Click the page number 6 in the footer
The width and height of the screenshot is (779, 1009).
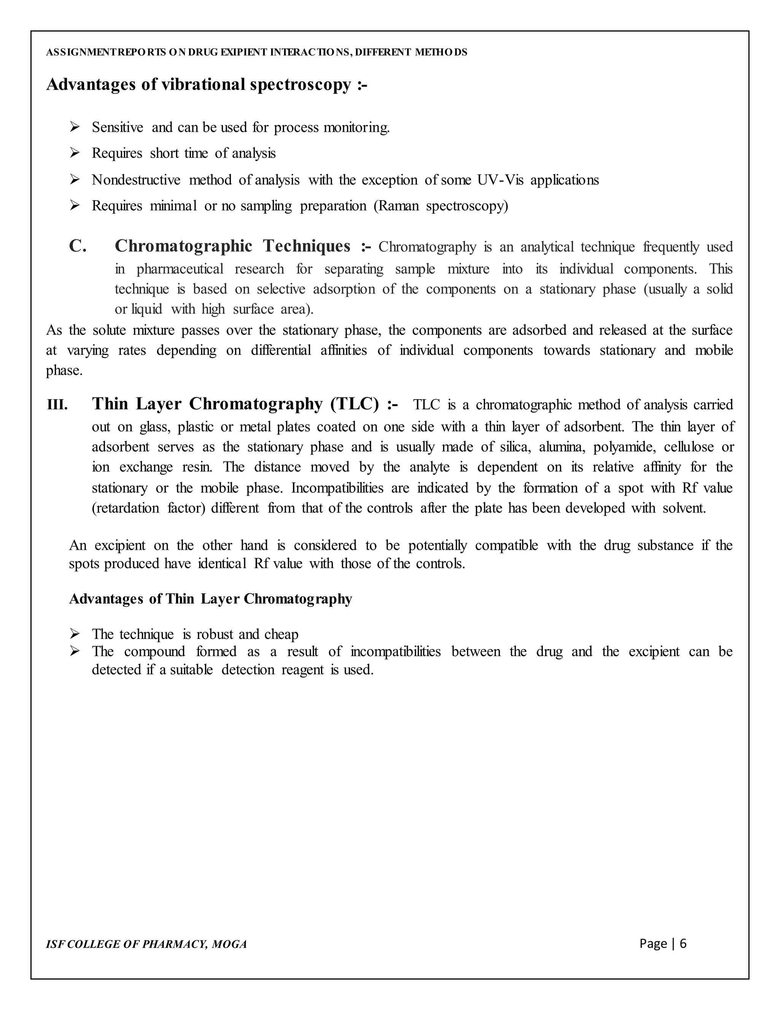tap(683, 944)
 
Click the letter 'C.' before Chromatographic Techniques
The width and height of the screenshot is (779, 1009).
tap(78, 246)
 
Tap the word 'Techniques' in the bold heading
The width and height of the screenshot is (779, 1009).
tap(307, 246)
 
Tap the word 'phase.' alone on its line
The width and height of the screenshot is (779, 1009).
tap(64, 371)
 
